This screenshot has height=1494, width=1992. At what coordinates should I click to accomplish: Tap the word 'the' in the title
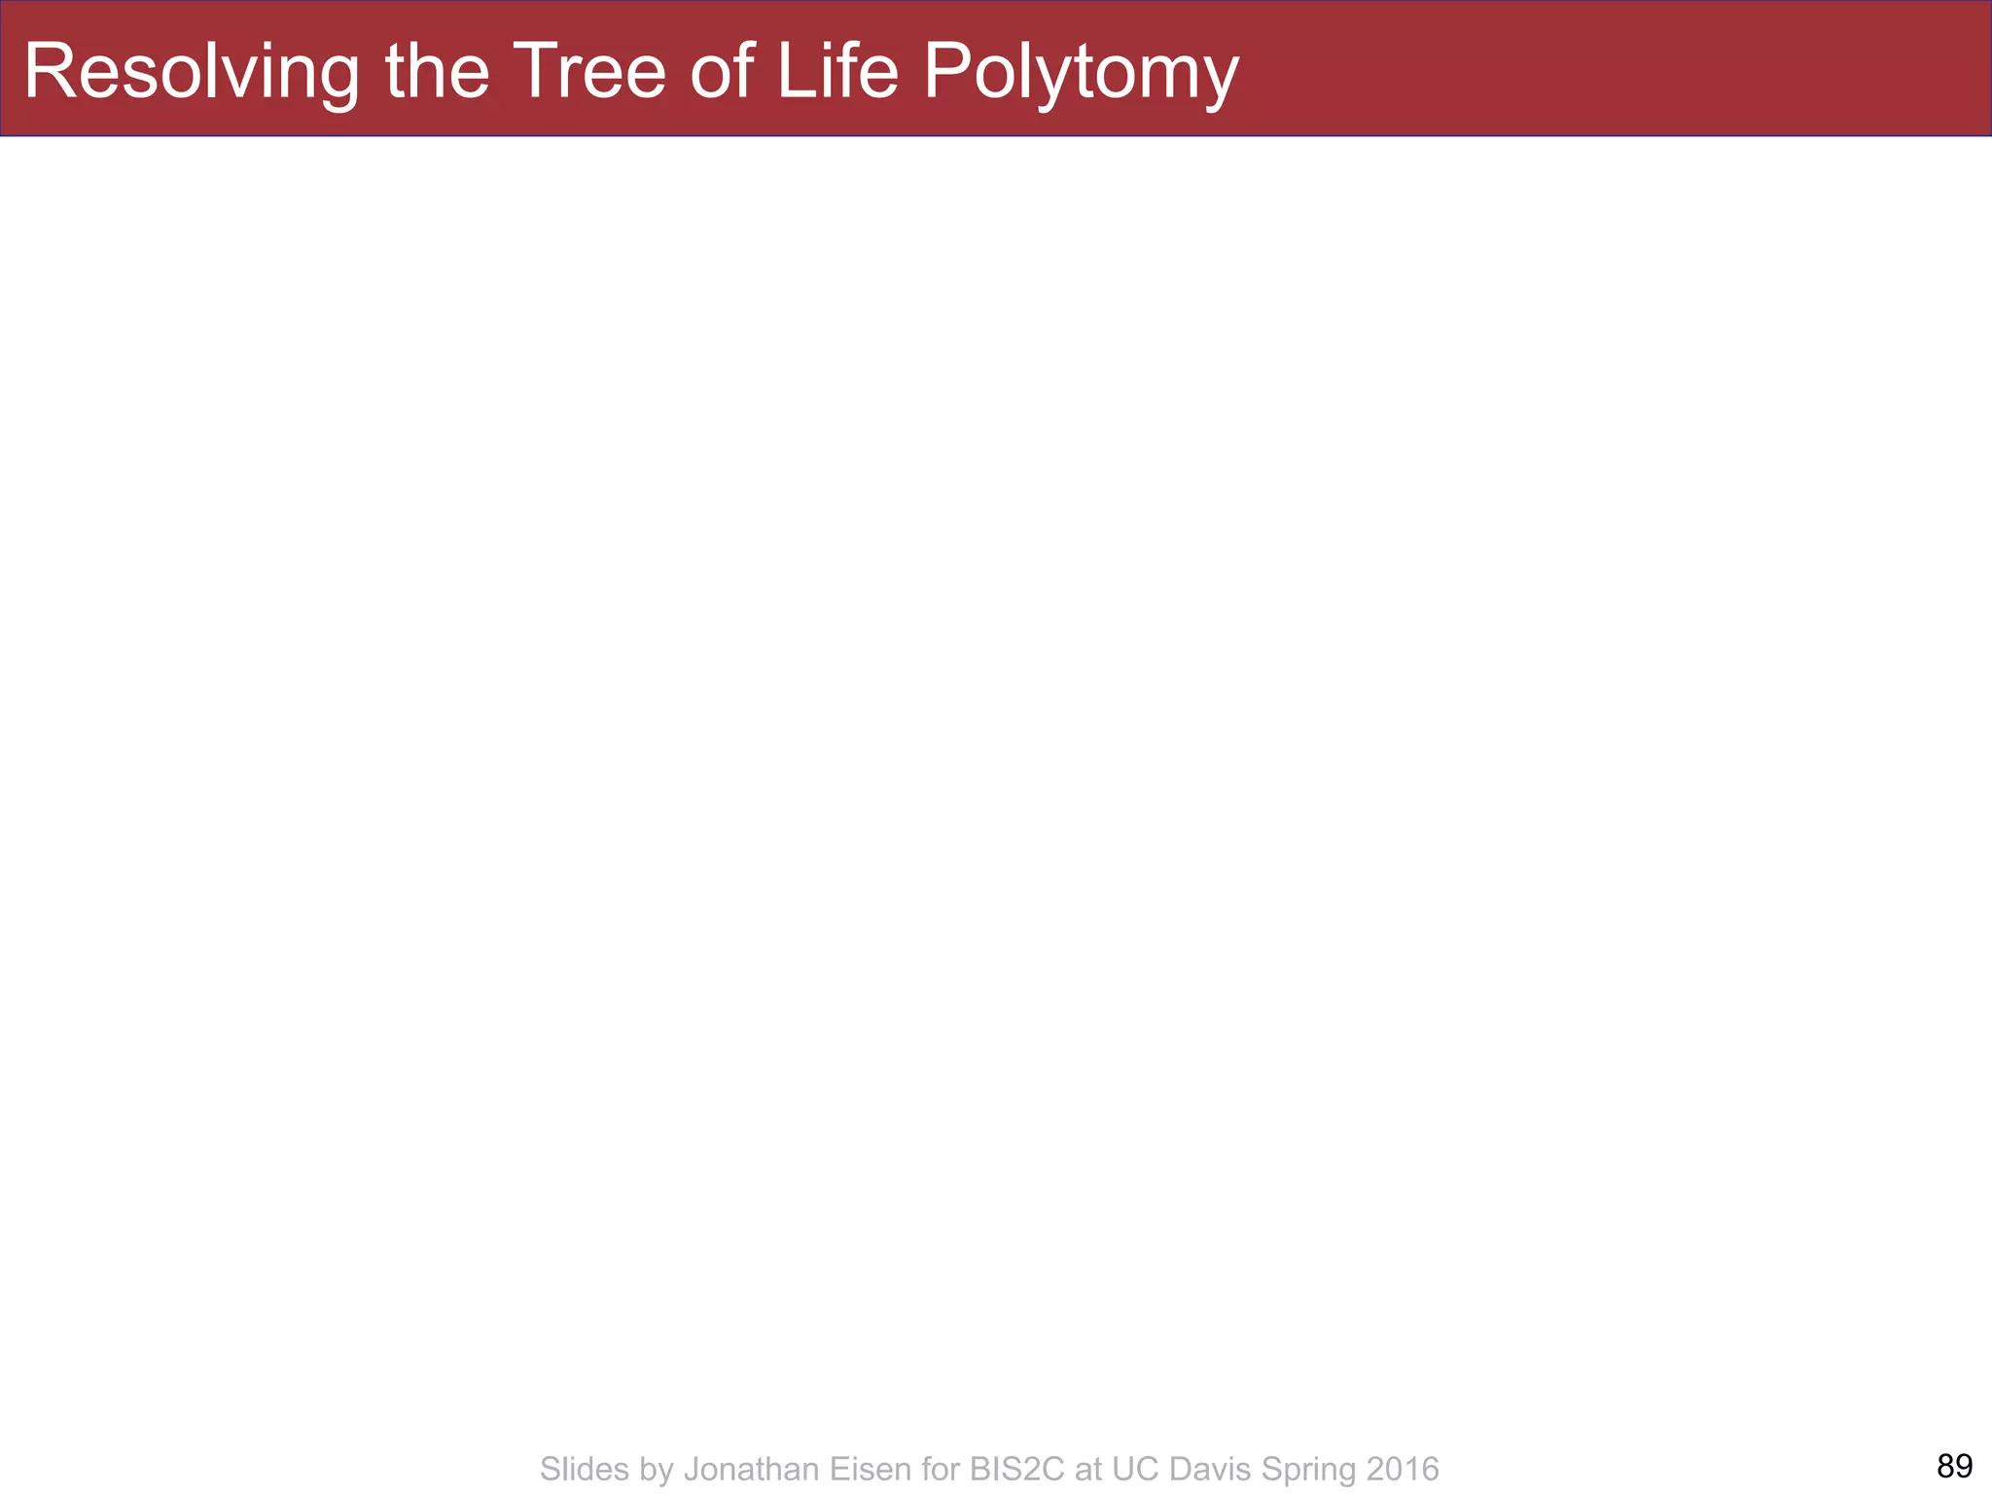tap(437, 72)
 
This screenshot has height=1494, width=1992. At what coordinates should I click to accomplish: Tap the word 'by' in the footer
tap(657, 1469)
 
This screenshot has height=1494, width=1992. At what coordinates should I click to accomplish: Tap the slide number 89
tap(1954, 1465)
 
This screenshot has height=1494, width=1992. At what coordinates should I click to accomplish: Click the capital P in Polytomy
tap(944, 70)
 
